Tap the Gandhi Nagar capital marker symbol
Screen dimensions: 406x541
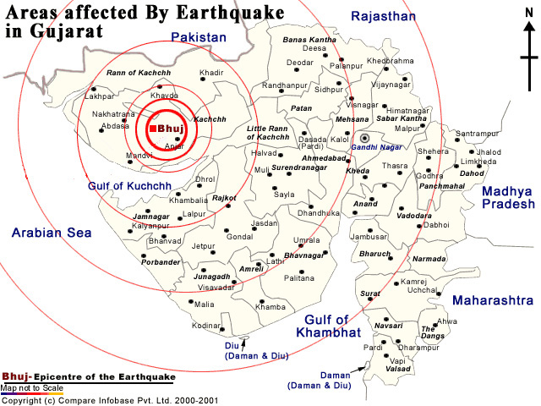click(x=364, y=137)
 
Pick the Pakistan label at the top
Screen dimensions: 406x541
click(x=199, y=37)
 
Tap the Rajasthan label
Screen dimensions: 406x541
click(x=383, y=16)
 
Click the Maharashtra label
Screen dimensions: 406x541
click(x=492, y=300)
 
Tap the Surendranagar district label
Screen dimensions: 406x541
click(x=300, y=169)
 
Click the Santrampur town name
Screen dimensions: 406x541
click(x=478, y=134)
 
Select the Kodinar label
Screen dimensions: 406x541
click(x=206, y=326)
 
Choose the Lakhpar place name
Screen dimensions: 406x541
click(x=101, y=97)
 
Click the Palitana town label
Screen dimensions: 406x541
click(x=299, y=277)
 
